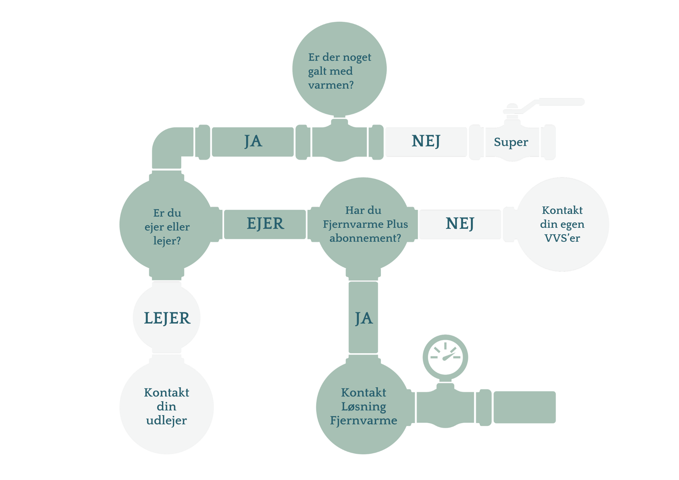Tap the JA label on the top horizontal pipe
pos(253,142)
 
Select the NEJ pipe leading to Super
pos(426,142)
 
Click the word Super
pos(511,142)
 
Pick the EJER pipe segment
pos(265,224)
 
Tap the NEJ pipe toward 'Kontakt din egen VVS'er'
pos(460,224)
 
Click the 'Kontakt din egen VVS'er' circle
pos(562,224)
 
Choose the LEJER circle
pos(167,318)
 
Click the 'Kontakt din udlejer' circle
pos(166,406)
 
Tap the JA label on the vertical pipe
pos(364,318)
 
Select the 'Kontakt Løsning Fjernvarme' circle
pos(364,406)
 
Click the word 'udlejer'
pos(166,421)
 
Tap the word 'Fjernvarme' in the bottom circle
pos(364,421)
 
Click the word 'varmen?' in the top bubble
pos(331,85)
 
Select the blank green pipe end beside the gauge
pos(524,407)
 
